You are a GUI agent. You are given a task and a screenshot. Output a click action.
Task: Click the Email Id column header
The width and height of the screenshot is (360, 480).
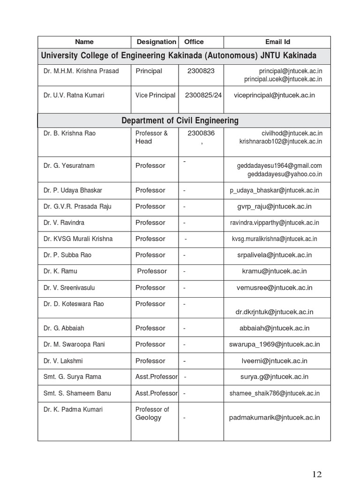tap(277, 42)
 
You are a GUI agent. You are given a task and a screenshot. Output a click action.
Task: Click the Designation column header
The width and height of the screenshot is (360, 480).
tap(156, 42)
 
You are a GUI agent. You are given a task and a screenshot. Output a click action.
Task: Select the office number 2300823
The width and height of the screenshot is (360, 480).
tap(201, 71)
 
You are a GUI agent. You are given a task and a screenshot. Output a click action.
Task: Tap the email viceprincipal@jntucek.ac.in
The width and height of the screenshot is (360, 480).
tap(275, 95)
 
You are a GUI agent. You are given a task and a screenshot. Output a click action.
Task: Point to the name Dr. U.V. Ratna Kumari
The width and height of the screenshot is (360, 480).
tap(74, 95)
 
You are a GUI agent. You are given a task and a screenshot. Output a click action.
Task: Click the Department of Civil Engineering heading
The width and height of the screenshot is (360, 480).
tap(180, 120)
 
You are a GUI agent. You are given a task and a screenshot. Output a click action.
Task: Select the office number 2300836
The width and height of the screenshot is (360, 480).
tap(201, 133)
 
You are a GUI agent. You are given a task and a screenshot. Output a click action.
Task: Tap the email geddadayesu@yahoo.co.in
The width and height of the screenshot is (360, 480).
tap(285, 174)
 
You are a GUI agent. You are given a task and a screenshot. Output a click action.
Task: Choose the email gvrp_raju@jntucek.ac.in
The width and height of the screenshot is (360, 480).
tap(275, 206)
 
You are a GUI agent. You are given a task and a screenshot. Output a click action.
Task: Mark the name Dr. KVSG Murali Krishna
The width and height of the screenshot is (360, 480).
tap(78, 239)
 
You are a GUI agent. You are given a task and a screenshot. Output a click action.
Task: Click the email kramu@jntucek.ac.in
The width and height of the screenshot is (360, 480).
tap(275, 271)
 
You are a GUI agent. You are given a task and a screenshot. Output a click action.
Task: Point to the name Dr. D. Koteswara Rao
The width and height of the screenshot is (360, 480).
tap(74, 304)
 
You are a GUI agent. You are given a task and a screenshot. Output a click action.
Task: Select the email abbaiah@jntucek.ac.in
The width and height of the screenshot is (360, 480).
tap(275, 328)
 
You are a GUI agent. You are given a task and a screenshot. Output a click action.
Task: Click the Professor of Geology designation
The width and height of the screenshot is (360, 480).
tap(152, 413)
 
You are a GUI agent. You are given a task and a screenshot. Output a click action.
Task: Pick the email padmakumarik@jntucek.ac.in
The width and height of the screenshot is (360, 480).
tap(275, 417)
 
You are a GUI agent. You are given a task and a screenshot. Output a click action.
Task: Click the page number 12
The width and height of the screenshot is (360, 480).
tap(317, 473)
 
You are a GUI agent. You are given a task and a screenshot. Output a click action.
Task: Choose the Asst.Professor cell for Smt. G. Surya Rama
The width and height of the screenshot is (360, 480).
tap(157, 377)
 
